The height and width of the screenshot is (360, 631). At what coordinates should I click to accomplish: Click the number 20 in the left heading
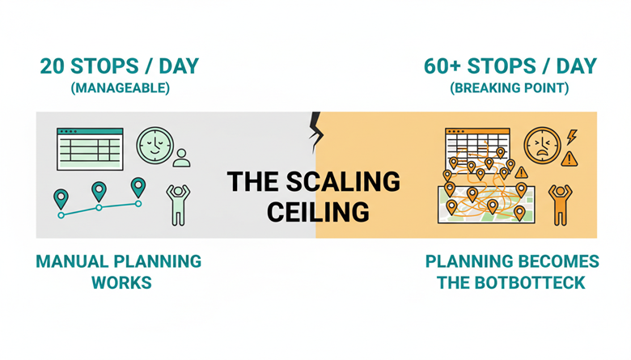[53, 66]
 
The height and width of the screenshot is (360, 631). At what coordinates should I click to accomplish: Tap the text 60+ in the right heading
[442, 66]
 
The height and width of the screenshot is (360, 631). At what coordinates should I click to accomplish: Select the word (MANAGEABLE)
[121, 88]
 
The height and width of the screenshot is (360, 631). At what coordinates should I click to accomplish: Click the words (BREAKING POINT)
[510, 88]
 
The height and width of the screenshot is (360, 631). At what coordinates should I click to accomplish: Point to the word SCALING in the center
[343, 181]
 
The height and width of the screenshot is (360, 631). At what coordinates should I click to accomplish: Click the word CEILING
[318, 212]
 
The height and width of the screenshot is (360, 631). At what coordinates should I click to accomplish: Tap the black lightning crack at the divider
[315, 132]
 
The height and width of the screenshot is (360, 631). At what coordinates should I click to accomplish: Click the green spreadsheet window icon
[90, 149]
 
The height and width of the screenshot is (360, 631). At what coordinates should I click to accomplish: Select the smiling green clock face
[155, 146]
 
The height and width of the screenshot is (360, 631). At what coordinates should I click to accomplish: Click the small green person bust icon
[181, 158]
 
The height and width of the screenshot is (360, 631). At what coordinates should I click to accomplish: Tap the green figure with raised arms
[178, 205]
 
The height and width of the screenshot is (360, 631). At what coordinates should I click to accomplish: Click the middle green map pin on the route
[99, 192]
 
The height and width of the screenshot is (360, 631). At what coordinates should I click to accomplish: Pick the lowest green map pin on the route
[61, 199]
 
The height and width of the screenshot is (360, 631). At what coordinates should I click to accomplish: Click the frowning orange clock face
[543, 146]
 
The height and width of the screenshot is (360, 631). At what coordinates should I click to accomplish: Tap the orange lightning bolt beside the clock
[572, 138]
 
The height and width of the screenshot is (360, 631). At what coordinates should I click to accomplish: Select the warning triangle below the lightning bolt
[569, 159]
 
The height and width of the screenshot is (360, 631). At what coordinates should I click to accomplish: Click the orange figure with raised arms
[560, 205]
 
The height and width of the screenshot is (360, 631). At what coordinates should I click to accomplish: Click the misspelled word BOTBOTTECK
[531, 283]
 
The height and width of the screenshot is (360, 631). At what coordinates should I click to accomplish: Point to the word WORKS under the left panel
[121, 283]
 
